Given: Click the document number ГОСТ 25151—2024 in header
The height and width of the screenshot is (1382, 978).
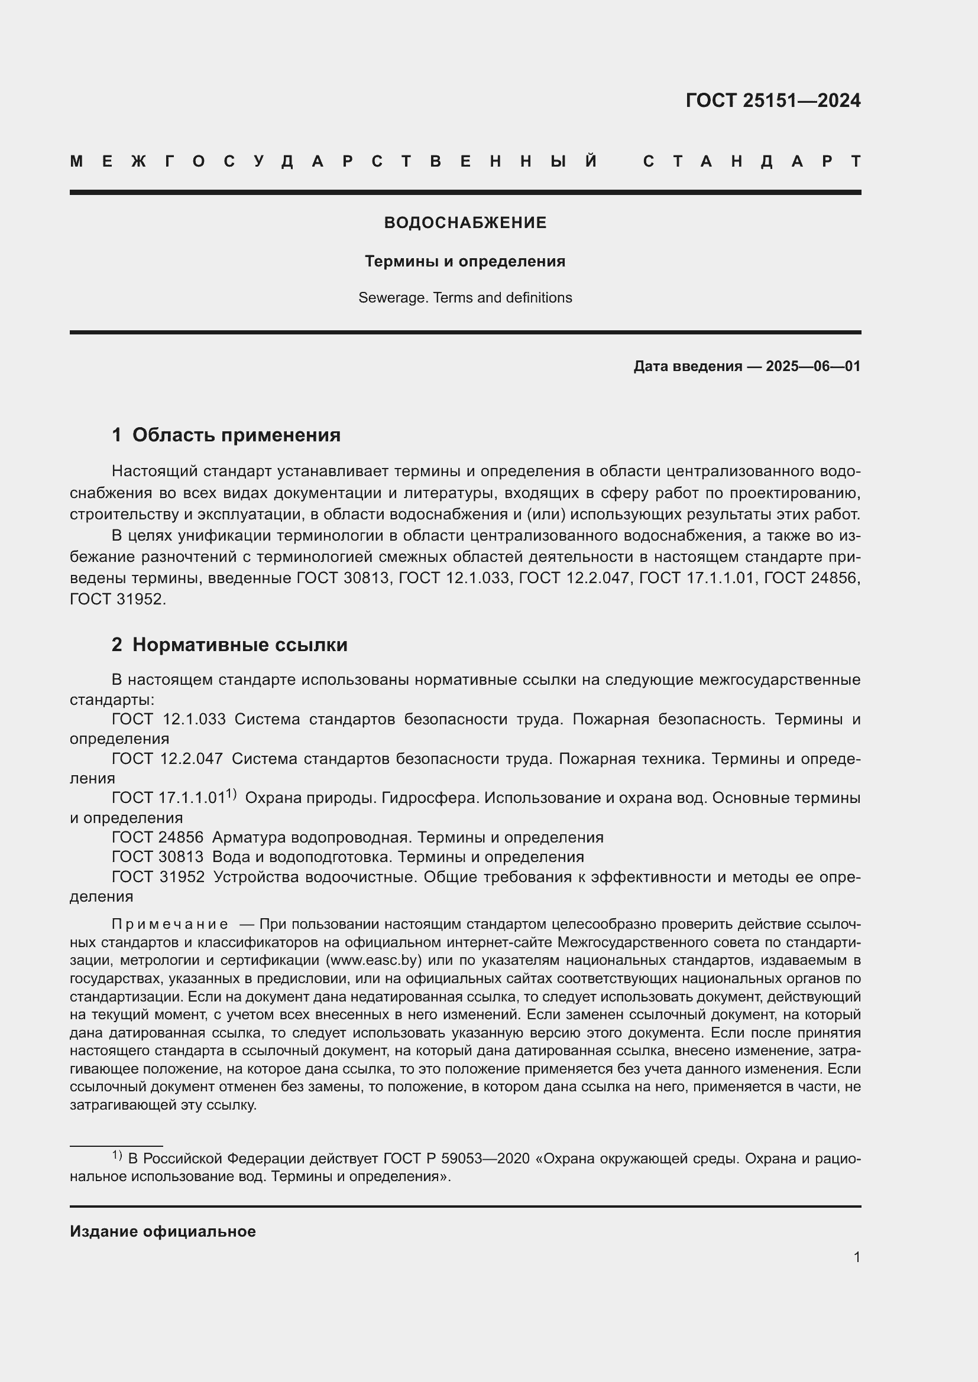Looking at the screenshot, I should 773,100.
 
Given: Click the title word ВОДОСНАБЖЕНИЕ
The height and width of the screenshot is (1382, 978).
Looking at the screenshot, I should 465,223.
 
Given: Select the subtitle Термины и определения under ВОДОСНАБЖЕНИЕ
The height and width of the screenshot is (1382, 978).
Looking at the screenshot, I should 465,261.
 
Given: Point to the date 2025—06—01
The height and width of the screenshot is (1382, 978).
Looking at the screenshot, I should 812,366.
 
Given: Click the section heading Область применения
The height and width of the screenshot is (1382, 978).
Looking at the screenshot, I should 236,435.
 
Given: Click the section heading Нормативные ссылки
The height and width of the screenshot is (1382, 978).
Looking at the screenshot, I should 239,645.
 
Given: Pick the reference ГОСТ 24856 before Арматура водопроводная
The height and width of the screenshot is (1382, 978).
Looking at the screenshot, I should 157,837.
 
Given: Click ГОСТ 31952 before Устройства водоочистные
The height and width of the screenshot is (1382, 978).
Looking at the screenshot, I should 158,877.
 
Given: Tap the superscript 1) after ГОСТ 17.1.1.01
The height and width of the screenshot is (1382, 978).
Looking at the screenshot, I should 231,795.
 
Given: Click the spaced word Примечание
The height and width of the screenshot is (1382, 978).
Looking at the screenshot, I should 170,924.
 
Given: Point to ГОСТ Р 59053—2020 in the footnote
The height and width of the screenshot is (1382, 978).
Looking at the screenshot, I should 456,1159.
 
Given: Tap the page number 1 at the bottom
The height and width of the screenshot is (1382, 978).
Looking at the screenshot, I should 856,1257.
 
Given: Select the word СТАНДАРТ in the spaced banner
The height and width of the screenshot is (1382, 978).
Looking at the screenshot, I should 752,161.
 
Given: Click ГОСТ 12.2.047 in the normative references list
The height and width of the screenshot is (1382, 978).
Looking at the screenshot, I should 167,759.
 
